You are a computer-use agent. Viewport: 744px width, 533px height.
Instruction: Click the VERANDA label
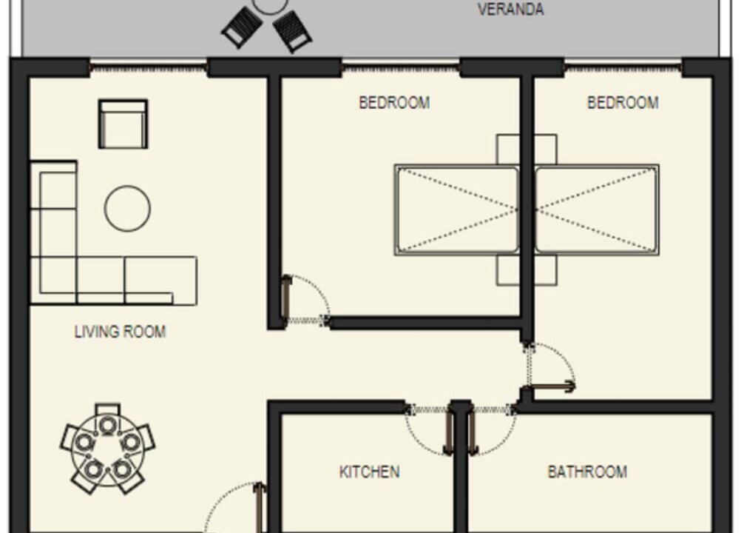pos(510,10)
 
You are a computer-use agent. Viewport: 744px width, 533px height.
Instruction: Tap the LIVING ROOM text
pos(120,332)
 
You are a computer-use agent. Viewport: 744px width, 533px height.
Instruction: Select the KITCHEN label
pos(369,472)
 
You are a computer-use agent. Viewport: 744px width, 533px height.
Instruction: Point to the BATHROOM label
pos(587,472)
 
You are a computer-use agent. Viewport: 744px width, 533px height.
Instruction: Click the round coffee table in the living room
pos(127,209)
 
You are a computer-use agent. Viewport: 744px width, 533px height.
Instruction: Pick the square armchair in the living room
pos(123,124)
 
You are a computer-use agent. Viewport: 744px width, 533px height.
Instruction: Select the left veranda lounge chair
pos(242,27)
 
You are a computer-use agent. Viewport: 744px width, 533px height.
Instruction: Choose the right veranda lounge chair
pos(292,31)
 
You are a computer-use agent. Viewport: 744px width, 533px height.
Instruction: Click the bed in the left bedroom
pos(456,210)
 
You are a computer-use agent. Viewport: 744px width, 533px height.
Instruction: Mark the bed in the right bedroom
pos(597,210)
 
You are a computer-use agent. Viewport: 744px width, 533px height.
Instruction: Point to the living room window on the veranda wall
pos(149,68)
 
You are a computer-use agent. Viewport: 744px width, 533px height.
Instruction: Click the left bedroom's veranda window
pos(401,68)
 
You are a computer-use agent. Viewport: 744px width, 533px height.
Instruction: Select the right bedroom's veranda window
pos(623,68)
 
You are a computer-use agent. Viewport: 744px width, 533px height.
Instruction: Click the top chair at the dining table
pos(108,410)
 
